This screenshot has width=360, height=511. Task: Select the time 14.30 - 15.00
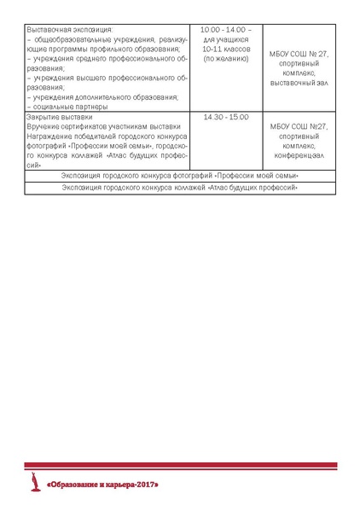click(x=226, y=117)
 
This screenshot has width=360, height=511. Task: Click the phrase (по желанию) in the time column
click(x=226, y=59)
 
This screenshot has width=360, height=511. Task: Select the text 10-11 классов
click(x=226, y=49)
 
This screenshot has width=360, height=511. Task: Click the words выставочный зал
click(x=298, y=84)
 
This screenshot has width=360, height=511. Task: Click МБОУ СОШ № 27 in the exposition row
click(x=298, y=54)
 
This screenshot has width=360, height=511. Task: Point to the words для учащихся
click(x=226, y=40)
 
